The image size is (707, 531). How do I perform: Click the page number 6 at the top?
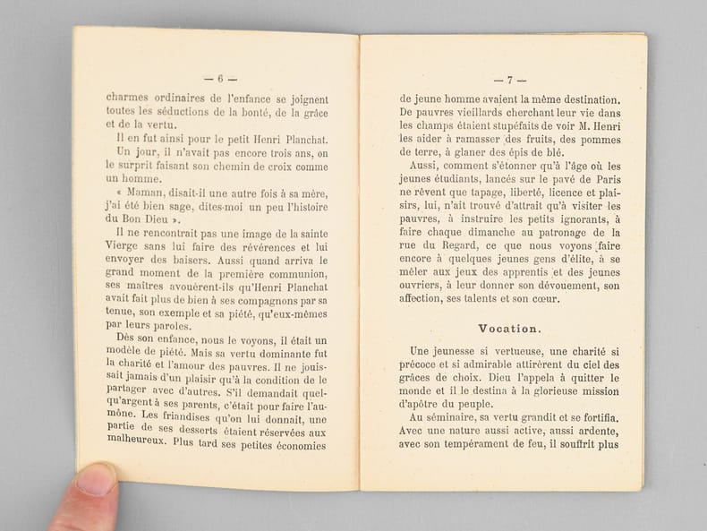tap(220, 78)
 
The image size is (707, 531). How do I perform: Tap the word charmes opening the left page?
tap(128, 99)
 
